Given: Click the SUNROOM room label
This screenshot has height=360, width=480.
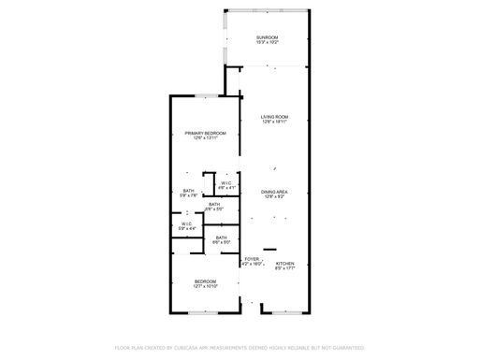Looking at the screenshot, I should [268, 37].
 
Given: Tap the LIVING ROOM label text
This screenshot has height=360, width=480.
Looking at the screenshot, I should [274, 116].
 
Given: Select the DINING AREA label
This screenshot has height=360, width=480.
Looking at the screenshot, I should [274, 191].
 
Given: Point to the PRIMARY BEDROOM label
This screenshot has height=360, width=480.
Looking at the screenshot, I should [205, 134].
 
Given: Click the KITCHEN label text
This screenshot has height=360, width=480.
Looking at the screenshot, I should [284, 264].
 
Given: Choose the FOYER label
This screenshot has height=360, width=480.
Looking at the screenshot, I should [251, 259].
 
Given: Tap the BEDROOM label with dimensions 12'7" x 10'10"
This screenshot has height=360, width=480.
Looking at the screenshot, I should [206, 281].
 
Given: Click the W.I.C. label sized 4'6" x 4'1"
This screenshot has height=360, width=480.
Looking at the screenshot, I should [226, 182].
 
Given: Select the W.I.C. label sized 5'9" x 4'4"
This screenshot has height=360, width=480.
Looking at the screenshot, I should [187, 223].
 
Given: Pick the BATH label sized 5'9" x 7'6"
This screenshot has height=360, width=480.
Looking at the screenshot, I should [189, 191].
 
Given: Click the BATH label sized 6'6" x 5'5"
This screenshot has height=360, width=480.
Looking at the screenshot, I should [214, 204].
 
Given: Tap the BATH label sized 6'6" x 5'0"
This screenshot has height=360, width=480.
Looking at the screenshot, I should [221, 238].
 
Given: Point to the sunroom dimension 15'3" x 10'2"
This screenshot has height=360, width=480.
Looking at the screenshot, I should [268, 43].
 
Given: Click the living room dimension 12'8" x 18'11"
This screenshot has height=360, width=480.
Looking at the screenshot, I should [274, 122].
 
